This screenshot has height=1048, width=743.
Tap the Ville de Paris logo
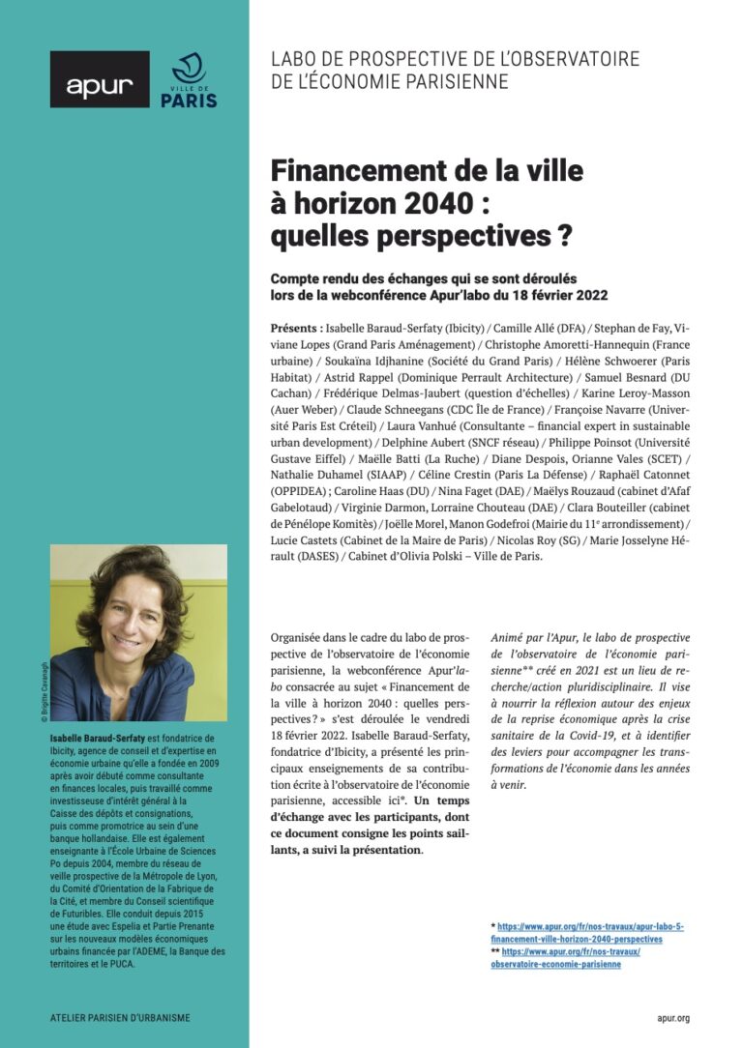point(188,81)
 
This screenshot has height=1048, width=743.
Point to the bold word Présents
point(296,329)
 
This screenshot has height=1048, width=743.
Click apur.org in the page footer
point(671,1018)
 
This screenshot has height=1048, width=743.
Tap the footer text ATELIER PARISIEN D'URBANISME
point(120,1018)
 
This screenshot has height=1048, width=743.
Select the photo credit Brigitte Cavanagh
point(44,687)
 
